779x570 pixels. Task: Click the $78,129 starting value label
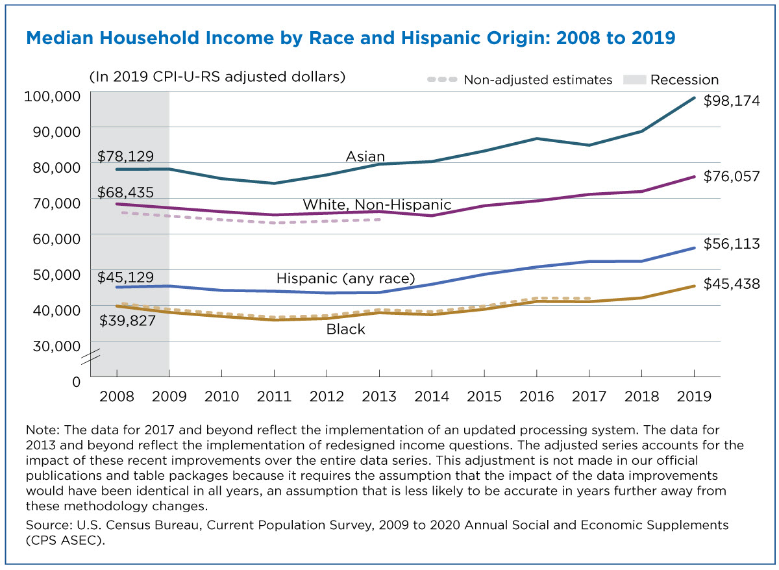tap(125, 156)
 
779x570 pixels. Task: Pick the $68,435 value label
tap(125, 192)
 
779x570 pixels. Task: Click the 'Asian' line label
tap(365, 157)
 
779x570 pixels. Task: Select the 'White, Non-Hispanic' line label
tap(377, 205)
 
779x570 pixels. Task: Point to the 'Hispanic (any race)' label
tap(345, 279)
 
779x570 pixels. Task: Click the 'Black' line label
tap(345, 330)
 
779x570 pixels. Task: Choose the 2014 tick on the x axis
tap(432, 396)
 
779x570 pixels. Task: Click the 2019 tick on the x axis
tap(694, 396)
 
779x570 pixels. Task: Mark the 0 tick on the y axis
tap(76, 382)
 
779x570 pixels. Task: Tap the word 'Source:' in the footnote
tap(47, 524)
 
